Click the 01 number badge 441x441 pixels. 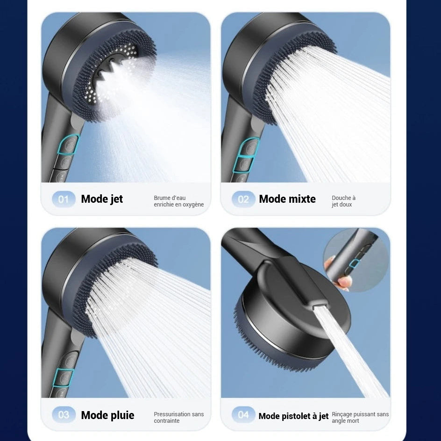63,199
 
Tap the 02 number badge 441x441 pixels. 243,199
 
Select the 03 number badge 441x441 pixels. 63,415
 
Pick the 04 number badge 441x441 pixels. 243,415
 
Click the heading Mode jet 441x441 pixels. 102,199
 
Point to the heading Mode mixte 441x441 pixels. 287,199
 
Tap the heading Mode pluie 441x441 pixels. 107,415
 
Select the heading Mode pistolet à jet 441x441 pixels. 293,416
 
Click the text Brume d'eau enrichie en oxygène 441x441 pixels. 178,201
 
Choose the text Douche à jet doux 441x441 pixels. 343,201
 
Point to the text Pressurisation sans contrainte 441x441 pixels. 178,417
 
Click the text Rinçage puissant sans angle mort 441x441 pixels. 360,417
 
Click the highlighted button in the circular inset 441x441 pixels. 354,263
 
